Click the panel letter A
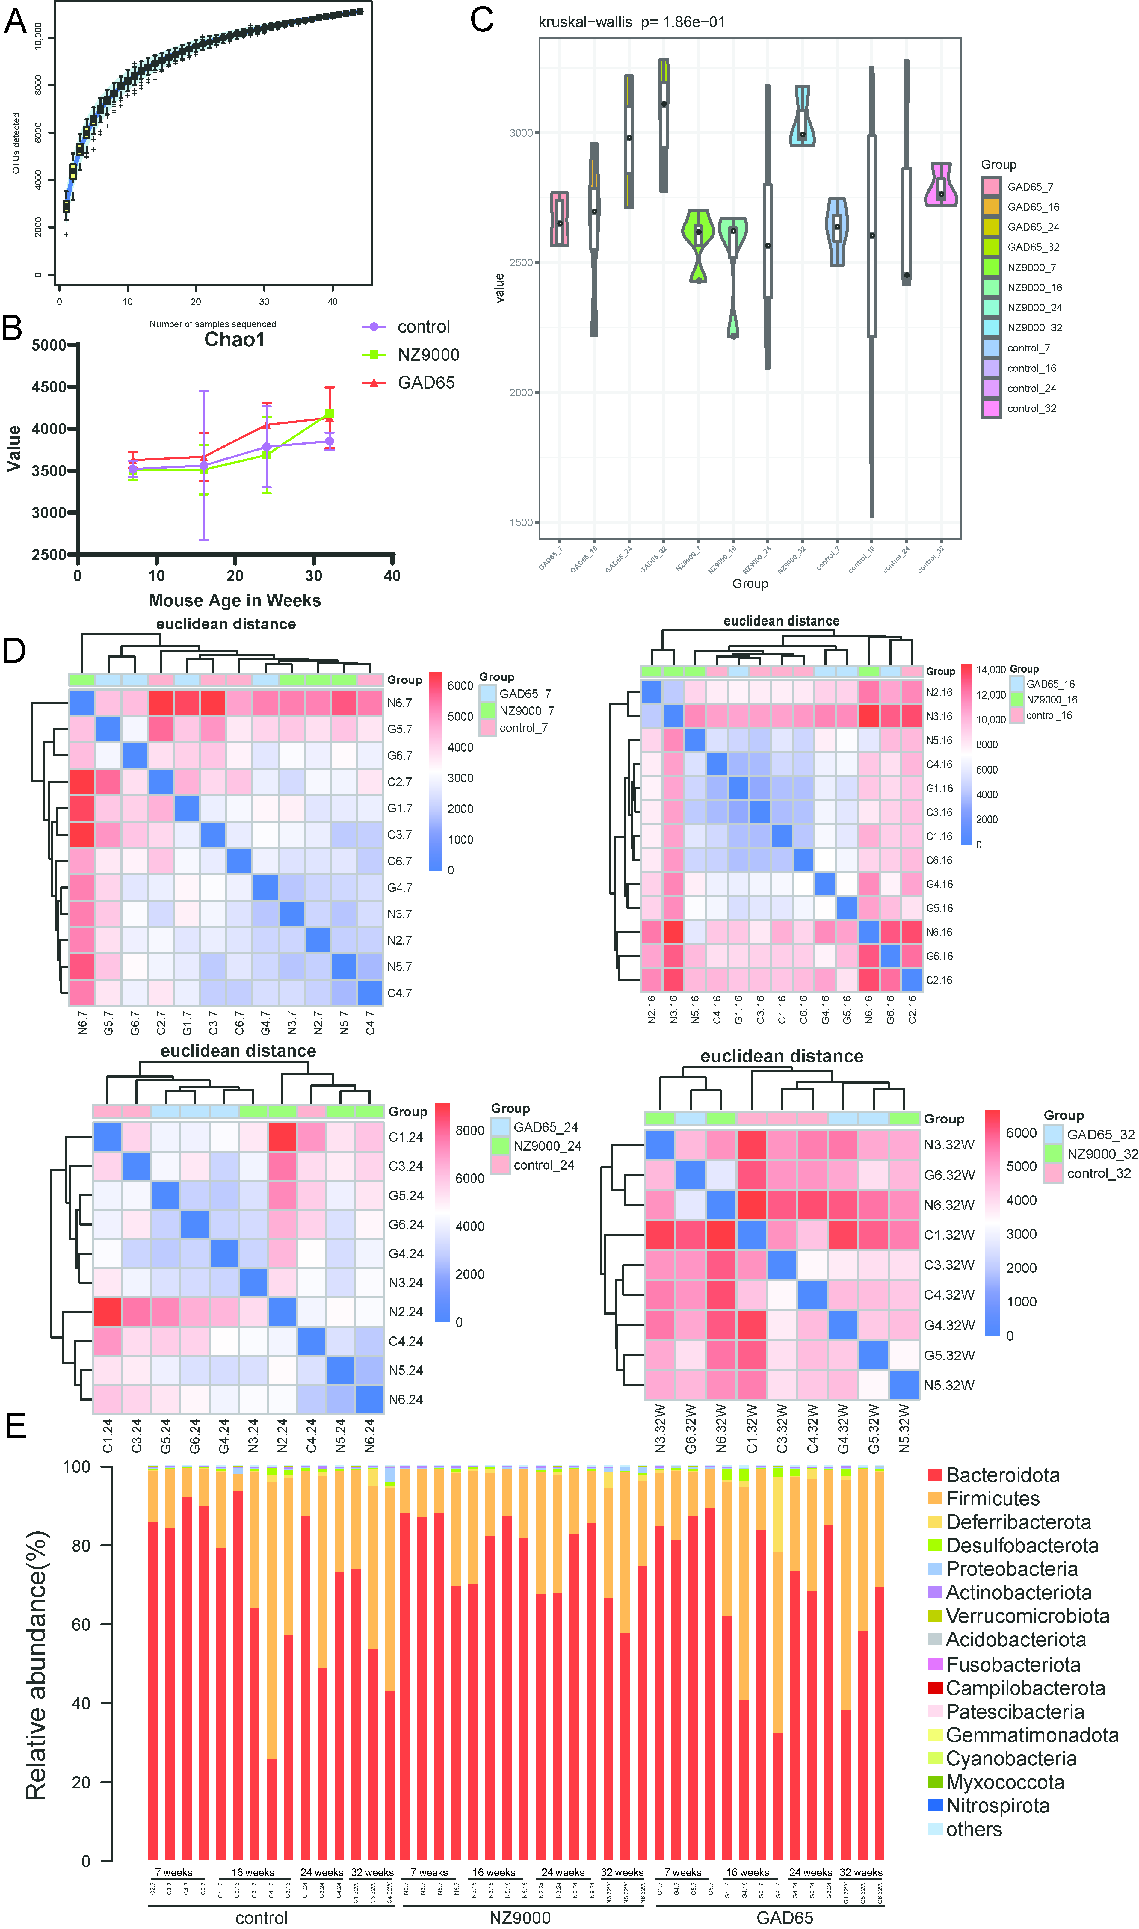coord(15,22)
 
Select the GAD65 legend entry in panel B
coord(425,382)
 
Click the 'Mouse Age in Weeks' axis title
coord(235,600)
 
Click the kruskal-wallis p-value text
coord(631,22)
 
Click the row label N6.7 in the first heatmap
coord(399,703)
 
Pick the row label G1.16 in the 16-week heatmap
coord(939,788)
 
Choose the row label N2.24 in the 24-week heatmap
coord(405,1311)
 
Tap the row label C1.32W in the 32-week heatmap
coord(949,1235)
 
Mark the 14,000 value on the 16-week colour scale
coord(990,670)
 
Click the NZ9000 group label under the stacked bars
coord(519,1918)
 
